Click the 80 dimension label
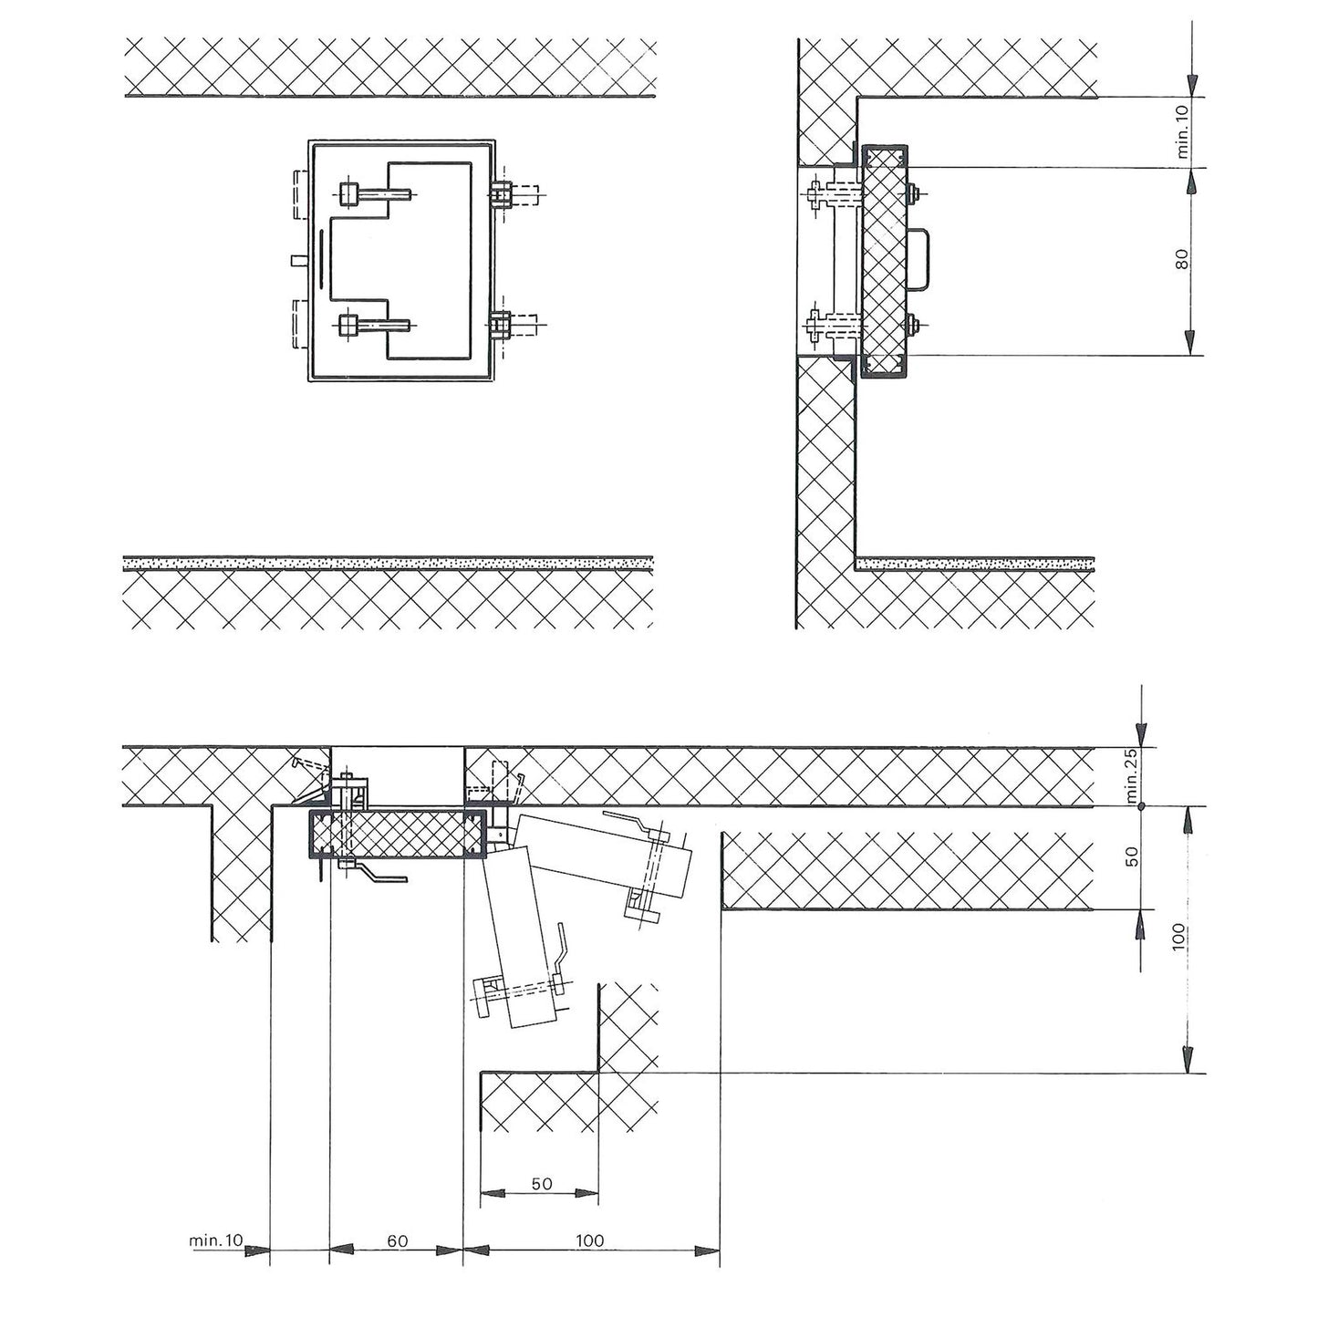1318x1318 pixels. (x=1181, y=260)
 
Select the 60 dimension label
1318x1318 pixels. (x=397, y=1241)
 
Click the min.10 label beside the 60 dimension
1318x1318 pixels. (x=216, y=1240)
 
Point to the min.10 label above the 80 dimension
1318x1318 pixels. (x=1182, y=133)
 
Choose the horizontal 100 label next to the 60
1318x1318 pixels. (x=590, y=1241)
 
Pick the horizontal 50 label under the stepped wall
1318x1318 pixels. (x=541, y=1184)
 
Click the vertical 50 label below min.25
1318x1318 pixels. (x=1132, y=857)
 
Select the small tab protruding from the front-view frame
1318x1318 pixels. (x=296, y=261)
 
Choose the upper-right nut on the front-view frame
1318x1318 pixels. (x=500, y=194)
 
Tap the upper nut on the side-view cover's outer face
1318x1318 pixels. (x=914, y=192)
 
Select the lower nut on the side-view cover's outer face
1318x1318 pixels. (x=914, y=321)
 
